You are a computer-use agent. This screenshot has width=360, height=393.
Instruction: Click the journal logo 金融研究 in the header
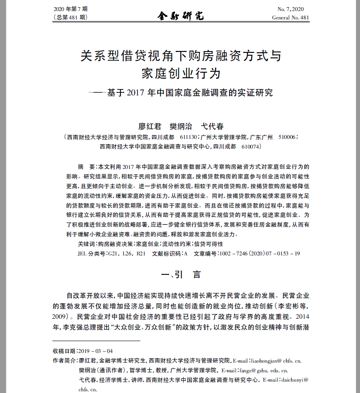(181, 16)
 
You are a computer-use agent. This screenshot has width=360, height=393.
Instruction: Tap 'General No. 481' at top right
(291, 17)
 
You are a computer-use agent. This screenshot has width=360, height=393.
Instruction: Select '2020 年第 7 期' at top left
(70, 9)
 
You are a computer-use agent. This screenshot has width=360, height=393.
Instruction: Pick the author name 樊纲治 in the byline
(181, 126)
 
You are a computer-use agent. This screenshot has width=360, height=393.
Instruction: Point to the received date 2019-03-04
(96, 351)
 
